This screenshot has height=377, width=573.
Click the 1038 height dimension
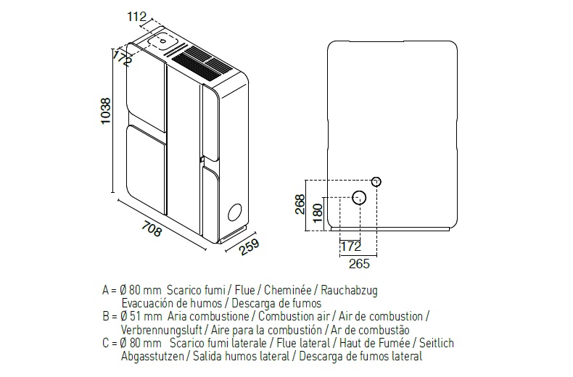pyautogui.click(x=106, y=111)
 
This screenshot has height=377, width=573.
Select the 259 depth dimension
pyautogui.click(x=250, y=247)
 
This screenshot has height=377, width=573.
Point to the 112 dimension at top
pyautogui.click(x=136, y=17)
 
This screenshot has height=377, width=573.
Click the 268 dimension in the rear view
pyautogui.click(x=300, y=204)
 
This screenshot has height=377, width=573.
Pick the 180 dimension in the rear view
pyautogui.click(x=318, y=213)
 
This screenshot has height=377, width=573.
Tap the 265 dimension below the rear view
pyautogui.click(x=359, y=264)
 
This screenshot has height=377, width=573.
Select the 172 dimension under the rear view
pyautogui.click(x=351, y=246)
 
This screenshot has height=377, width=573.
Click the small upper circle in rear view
pyautogui.click(x=376, y=181)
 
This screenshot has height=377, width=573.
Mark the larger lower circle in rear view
pyautogui.click(x=359, y=198)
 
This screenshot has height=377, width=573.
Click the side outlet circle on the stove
pyautogui.click(x=234, y=212)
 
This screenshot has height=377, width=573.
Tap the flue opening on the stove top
pyautogui.click(x=162, y=40)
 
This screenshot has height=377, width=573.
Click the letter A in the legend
pyautogui.click(x=106, y=291)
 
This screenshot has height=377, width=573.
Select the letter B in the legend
pyautogui.click(x=106, y=316)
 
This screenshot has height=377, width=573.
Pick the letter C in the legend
pyautogui.click(x=106, y=343)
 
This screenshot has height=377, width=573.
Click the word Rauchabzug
pyautogui.click(x=349, y=291)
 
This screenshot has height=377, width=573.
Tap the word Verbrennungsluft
pyautogui.click(x=162, y=330)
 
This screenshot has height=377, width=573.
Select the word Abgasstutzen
pyautogui.click(x=152, y=356)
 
